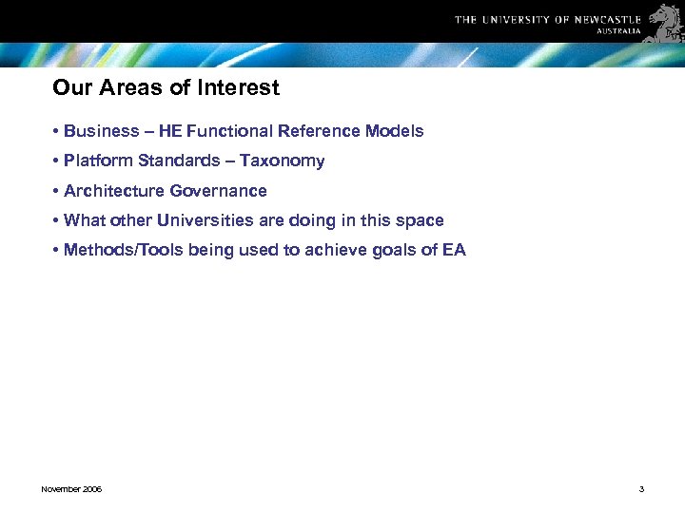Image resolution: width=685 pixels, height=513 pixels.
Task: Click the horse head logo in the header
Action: (665, 22)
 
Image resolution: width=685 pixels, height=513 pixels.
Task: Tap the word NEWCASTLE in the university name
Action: (607, 19)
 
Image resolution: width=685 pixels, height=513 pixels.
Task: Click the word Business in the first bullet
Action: (101, 131)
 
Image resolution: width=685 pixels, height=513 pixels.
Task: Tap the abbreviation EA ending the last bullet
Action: (454, 251)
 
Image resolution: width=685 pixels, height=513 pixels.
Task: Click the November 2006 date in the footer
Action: (71, 489)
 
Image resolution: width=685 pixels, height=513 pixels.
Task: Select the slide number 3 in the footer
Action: (641, 489)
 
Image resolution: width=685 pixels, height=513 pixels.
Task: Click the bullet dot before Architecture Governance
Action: (57, 192)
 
